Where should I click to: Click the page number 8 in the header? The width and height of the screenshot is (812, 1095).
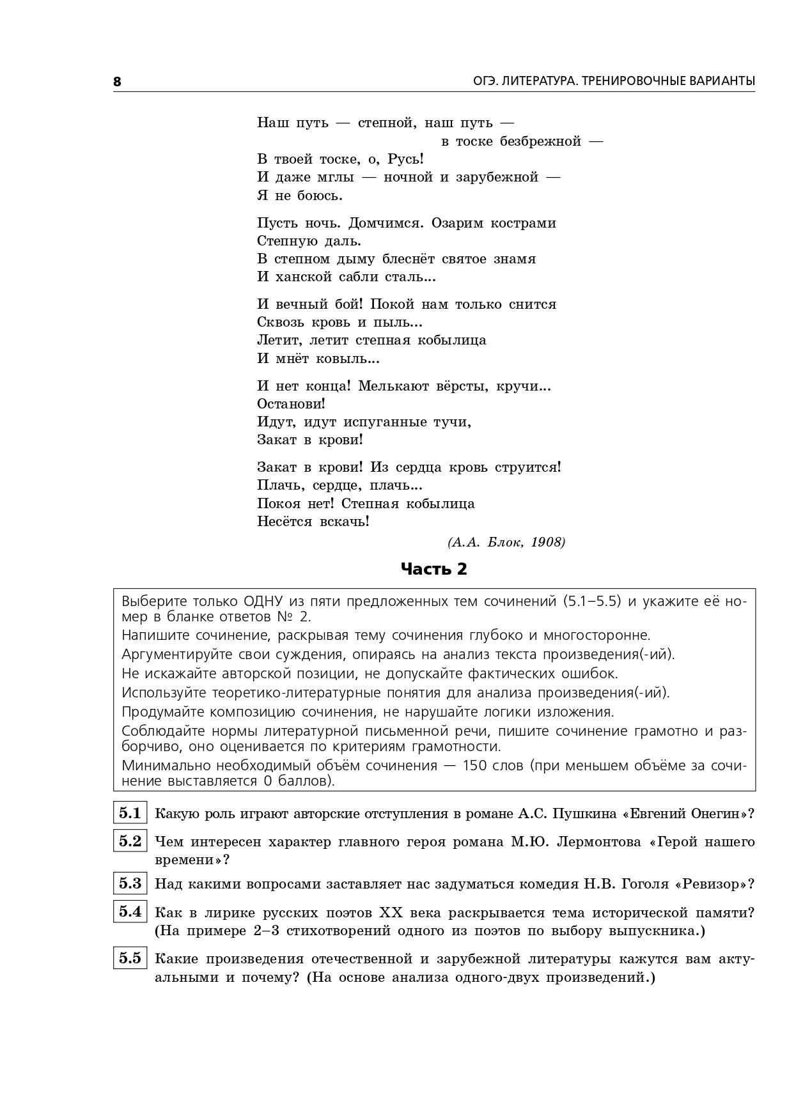117,81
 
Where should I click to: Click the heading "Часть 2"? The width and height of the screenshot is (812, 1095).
433,568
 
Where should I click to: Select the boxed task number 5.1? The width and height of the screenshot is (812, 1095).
130,813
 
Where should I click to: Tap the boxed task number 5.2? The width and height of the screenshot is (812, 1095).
130,841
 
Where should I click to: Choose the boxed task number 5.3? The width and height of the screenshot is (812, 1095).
130,883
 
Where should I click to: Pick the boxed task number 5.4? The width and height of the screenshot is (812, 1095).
130,912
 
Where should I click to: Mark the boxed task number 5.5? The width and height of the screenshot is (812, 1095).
130,958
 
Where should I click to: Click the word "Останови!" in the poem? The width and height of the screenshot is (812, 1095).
291,404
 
